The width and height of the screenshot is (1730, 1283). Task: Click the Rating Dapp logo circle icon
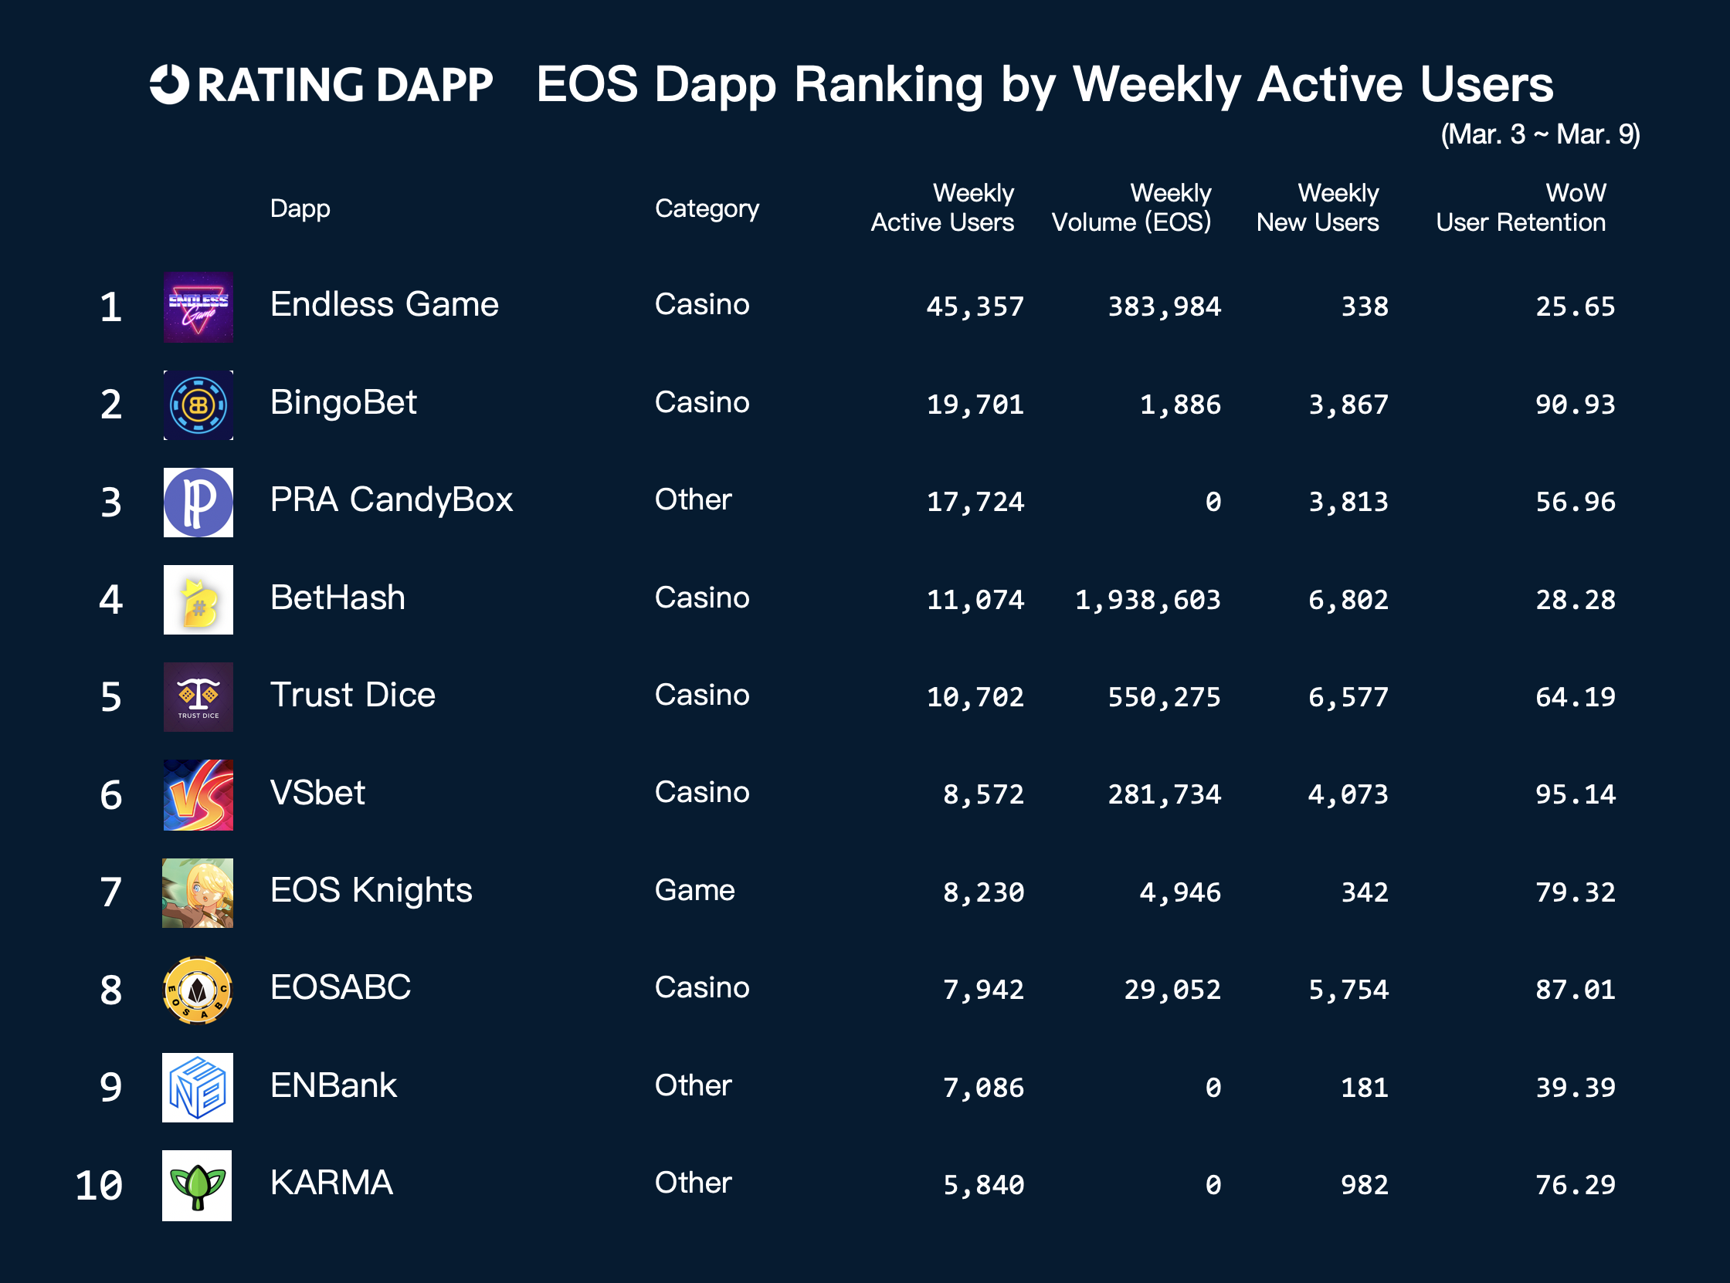click(x=169, y=84)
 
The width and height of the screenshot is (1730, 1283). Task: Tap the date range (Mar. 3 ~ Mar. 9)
click(x=1540, y=134)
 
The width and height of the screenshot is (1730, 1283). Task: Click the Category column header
click(x=706, y=208)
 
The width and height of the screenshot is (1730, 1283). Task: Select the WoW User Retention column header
click(x=1519, y=208)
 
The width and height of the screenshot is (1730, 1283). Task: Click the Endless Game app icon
click(x=198, y=306)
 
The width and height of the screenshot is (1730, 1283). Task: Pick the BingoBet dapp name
click(x=343, y=402)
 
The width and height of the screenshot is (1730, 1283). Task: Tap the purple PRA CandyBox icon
click(x=198, y=503)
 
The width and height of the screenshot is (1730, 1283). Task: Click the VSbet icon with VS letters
click(x=198, y=794)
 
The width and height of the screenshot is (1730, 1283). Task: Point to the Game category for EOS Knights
click(x=694, y=890)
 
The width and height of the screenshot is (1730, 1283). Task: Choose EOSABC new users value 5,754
click(x=1348, y=990)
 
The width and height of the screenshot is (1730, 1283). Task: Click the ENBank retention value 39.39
click(x=1575, y=1087)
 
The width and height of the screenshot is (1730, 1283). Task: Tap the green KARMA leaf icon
click(x=197, y=1185)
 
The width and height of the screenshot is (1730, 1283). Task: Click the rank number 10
click(x=99, y=1186)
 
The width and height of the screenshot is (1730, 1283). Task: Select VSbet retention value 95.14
click(x=1575, y=794)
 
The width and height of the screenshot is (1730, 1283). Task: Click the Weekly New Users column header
click(x=1318, y=208)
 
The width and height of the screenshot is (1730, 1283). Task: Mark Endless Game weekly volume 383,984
click(x=1164, y=306)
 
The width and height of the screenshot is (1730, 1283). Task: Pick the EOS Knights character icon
click(x=197, y=893)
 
